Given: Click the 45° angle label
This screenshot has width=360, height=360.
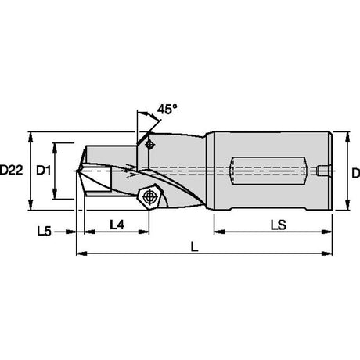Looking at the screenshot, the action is point(167,109).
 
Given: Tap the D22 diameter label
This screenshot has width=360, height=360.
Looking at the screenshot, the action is point(12,171).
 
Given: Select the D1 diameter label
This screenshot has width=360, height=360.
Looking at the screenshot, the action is point(43,171).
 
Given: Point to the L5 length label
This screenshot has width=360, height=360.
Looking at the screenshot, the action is point(45,232).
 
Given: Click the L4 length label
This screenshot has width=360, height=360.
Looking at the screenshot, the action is point(117,225).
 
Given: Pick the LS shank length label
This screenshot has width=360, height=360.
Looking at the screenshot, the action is point(279,225).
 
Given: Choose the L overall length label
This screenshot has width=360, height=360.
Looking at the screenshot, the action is point(194,247).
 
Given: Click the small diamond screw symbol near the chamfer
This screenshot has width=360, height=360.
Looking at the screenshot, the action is point(149,145).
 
